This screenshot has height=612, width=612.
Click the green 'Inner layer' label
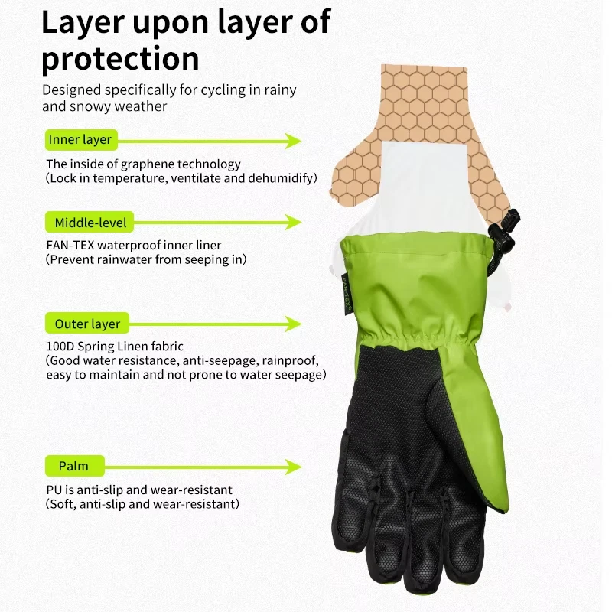pos(81,140)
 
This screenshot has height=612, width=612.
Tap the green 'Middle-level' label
pos(90,222)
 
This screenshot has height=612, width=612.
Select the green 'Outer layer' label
pos(87,323)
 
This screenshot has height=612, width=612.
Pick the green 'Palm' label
pos(74,466)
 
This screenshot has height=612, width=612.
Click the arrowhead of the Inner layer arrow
pos(293,141)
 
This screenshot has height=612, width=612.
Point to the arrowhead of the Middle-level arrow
pos(293,222)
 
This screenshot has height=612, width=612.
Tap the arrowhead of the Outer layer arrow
pos(293,324)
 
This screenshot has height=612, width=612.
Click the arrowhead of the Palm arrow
pos(293,467)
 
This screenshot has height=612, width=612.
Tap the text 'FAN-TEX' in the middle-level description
pos(70,245)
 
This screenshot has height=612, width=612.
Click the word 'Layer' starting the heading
pos(83,24)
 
